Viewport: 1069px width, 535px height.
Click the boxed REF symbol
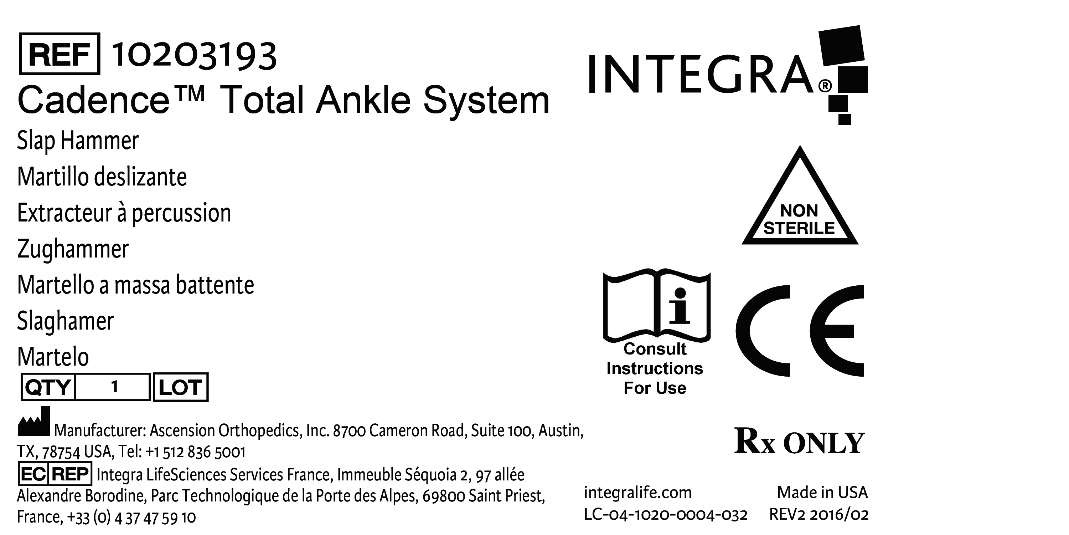pos(60,54)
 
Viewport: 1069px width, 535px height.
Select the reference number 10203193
pos(194,56)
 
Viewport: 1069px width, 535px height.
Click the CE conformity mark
pos(800,331)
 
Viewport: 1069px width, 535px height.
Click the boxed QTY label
pos(48,387)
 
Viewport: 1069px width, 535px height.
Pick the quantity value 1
pos(114,387)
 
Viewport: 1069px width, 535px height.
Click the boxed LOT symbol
pos(181,387)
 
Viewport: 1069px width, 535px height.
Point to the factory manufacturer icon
pos(34,422)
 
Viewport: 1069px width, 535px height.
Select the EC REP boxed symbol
pos(55,474)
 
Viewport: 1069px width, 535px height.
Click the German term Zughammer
pos(73,249)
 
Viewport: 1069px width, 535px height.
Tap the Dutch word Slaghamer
pos(66,321)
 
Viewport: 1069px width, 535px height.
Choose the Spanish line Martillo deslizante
pos(102,177)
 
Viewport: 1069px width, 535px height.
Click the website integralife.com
pos(638,493)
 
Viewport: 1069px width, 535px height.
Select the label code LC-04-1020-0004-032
pos(666,515)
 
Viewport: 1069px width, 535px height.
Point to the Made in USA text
pos(822,493)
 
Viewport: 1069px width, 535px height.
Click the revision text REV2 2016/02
pos(819,515)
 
